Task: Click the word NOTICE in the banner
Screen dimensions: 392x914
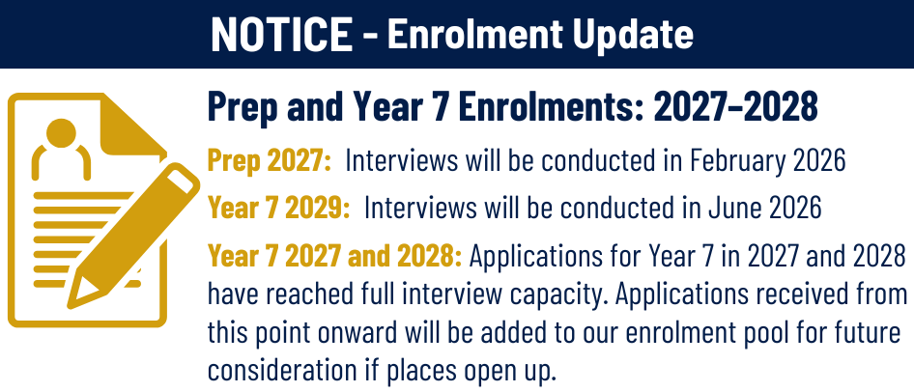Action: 281,35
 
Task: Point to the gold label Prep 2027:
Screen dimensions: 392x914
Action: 270,161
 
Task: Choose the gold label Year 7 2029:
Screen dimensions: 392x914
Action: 279,207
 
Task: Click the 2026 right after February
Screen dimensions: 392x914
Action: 818,161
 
